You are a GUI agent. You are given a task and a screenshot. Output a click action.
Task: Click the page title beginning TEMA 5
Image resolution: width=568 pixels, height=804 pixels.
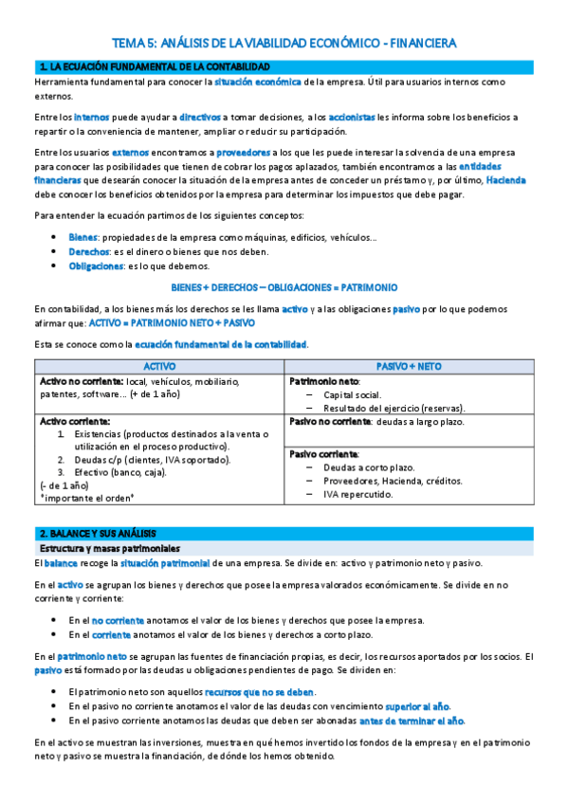pos(284,43)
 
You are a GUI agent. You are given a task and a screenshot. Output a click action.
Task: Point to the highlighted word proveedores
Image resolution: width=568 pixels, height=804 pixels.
pos(243,153)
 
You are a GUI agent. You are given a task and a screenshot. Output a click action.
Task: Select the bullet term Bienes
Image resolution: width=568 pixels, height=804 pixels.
pos(83,236)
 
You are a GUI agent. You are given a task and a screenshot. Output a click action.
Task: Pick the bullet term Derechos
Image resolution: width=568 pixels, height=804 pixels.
pos(88,251)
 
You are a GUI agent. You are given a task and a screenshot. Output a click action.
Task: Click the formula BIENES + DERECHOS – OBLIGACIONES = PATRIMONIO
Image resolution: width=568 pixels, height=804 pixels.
pos(284,287)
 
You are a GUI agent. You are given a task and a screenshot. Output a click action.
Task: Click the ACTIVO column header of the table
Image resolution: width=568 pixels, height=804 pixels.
pos(158,365)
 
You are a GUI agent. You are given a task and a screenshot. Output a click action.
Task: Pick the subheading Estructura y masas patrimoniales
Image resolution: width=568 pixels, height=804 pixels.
pos(113,548)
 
